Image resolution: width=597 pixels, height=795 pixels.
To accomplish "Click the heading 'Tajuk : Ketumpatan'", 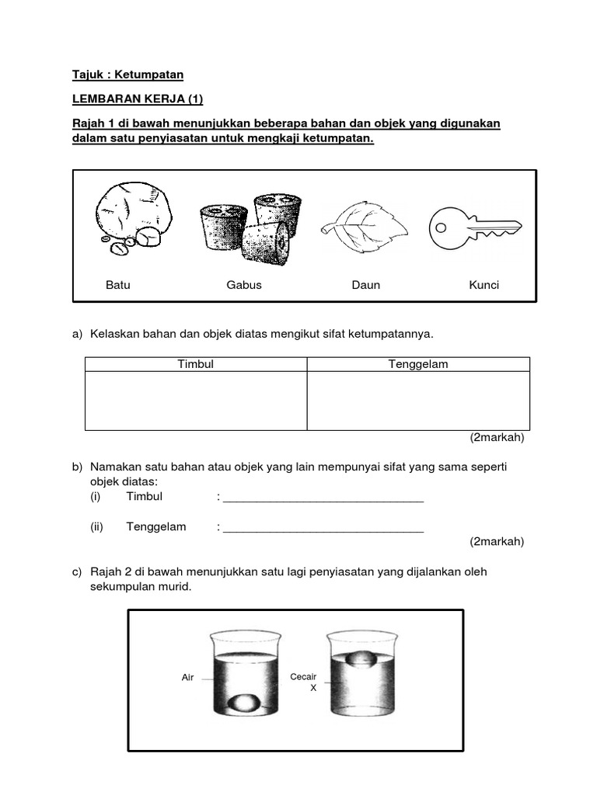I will coord(127,75).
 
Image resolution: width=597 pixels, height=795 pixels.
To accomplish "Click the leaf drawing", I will coord(365,225).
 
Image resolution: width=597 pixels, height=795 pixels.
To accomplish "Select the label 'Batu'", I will coord(118,285).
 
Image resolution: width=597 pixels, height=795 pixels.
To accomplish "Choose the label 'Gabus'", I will coord(244,285).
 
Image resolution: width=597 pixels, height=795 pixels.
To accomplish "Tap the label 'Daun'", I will coord(365,285).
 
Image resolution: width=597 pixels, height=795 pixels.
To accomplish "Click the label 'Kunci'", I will coord(484,285).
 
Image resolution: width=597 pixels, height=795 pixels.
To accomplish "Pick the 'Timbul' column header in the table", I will coord(196,364).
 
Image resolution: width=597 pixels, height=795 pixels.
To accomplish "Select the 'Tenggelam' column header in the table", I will coord(418,364).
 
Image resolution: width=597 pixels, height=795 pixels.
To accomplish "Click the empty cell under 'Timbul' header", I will coord(196,401).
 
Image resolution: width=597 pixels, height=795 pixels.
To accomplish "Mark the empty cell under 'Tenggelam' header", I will coord(418,401).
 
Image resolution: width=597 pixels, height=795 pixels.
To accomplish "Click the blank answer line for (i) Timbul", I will coord(323,498).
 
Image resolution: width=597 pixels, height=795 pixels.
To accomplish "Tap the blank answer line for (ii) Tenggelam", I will coord(323,529).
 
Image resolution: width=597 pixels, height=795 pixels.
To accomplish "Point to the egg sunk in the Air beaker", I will coord(245,703).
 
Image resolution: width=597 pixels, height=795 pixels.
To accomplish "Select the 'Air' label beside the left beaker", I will coord(187,678).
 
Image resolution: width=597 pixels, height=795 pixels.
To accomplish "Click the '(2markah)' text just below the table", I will coord(497,438).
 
